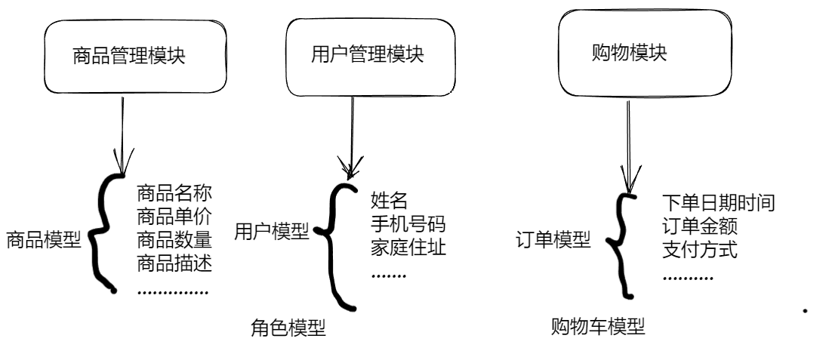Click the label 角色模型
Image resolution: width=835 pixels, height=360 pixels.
click(x=288, y=329)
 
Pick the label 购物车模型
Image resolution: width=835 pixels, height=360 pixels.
click(x=599, y=328)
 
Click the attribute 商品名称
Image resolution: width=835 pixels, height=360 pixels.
click(x=173, y=194)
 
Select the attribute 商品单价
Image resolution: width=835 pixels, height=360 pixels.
click(x=173, y=217)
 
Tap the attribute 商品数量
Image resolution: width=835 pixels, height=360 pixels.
click(x=173, y=241)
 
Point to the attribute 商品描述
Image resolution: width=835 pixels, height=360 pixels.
click(x=173, y=264)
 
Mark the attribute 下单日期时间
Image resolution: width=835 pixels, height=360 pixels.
click(x=717, y=202)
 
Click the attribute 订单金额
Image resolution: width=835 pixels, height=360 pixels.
click(x=699, y=226)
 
